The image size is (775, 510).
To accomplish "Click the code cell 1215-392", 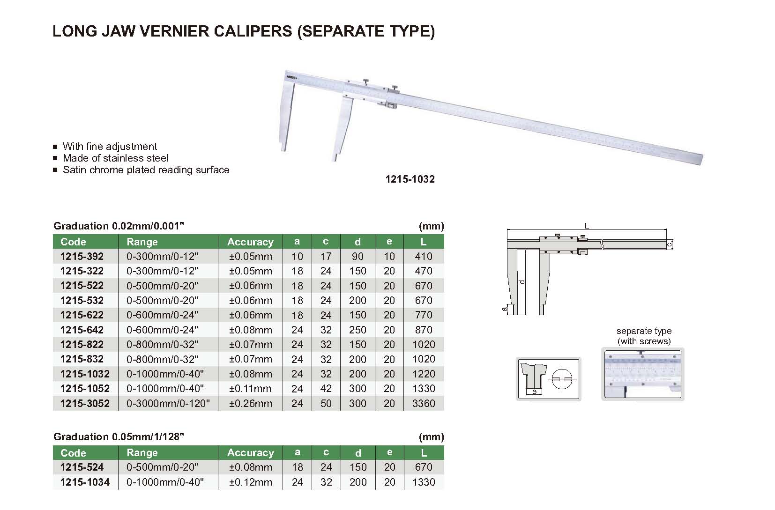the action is [x=82, y=256].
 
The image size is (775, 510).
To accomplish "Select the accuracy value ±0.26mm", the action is [x=251, y=403].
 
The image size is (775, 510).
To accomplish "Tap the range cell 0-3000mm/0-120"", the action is [x=168, y=403].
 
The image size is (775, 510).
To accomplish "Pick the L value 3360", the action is [x=424, y=403].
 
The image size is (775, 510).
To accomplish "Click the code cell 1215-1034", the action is [x=85, y=482].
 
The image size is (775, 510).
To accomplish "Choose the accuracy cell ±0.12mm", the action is [x=251, y=482].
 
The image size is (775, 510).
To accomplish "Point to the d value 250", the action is [x=358, y=330].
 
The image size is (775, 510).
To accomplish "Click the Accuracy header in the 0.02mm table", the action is [x=251, y=242].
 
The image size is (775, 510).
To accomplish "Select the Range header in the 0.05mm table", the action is [x=142, y=452].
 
